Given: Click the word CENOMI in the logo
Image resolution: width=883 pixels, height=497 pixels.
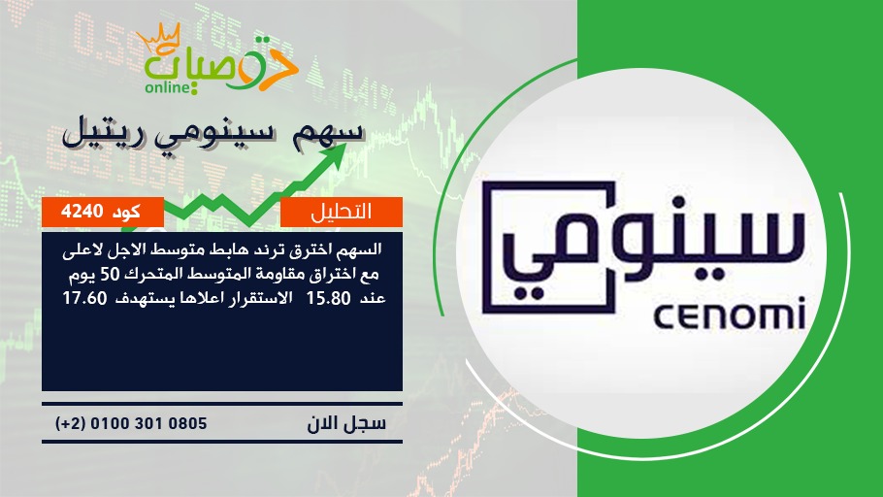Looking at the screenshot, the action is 730,317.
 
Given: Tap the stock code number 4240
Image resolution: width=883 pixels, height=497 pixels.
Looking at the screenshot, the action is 82,212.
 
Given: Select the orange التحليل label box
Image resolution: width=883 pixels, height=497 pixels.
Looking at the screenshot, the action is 342,212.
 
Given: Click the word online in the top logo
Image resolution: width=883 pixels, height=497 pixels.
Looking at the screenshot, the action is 166,87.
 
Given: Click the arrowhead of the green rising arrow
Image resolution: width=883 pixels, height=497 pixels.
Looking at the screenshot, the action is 331,156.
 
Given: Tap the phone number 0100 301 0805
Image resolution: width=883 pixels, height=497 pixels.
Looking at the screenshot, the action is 148,423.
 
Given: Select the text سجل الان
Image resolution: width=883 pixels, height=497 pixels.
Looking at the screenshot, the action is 346,423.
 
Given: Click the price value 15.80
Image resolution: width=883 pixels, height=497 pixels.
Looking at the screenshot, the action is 328,298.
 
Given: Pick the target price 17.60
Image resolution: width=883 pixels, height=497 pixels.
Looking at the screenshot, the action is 84,298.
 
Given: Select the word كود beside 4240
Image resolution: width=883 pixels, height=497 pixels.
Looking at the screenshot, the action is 127,212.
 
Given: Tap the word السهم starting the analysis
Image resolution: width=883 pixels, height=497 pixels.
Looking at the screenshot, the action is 359,248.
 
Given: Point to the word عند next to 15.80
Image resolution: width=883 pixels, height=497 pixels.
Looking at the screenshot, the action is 372,298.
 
